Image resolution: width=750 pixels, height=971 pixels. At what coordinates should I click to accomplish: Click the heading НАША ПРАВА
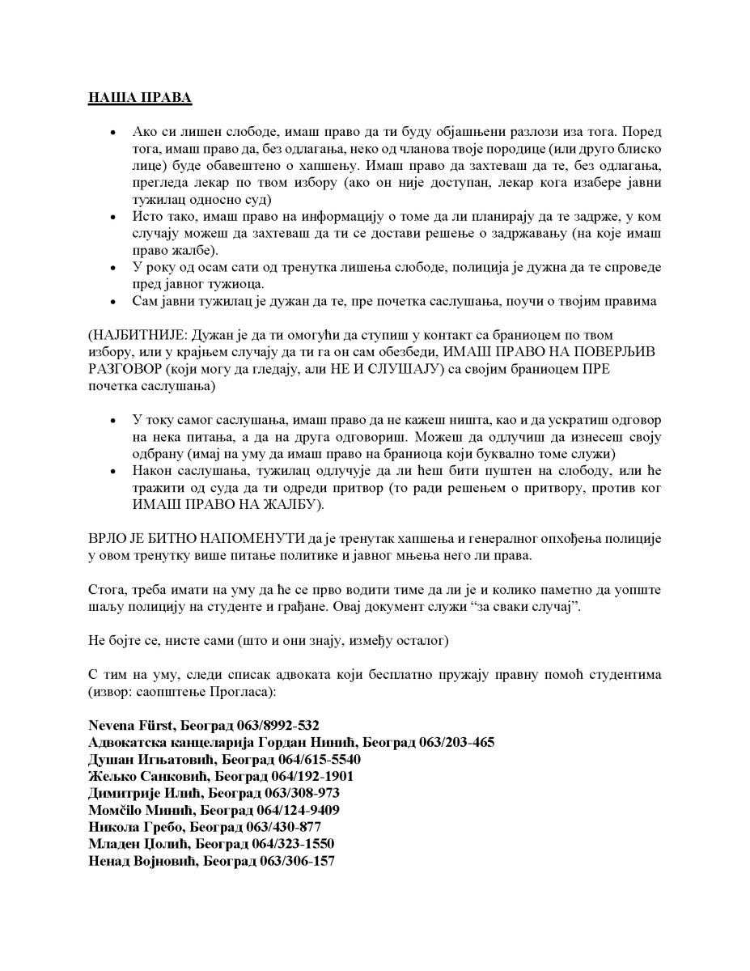139,98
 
